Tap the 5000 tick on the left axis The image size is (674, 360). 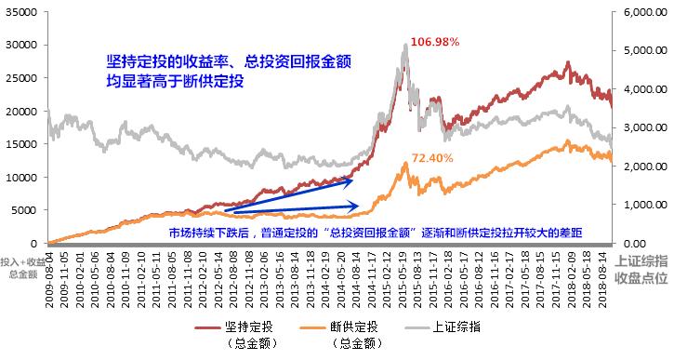point(21,210)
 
